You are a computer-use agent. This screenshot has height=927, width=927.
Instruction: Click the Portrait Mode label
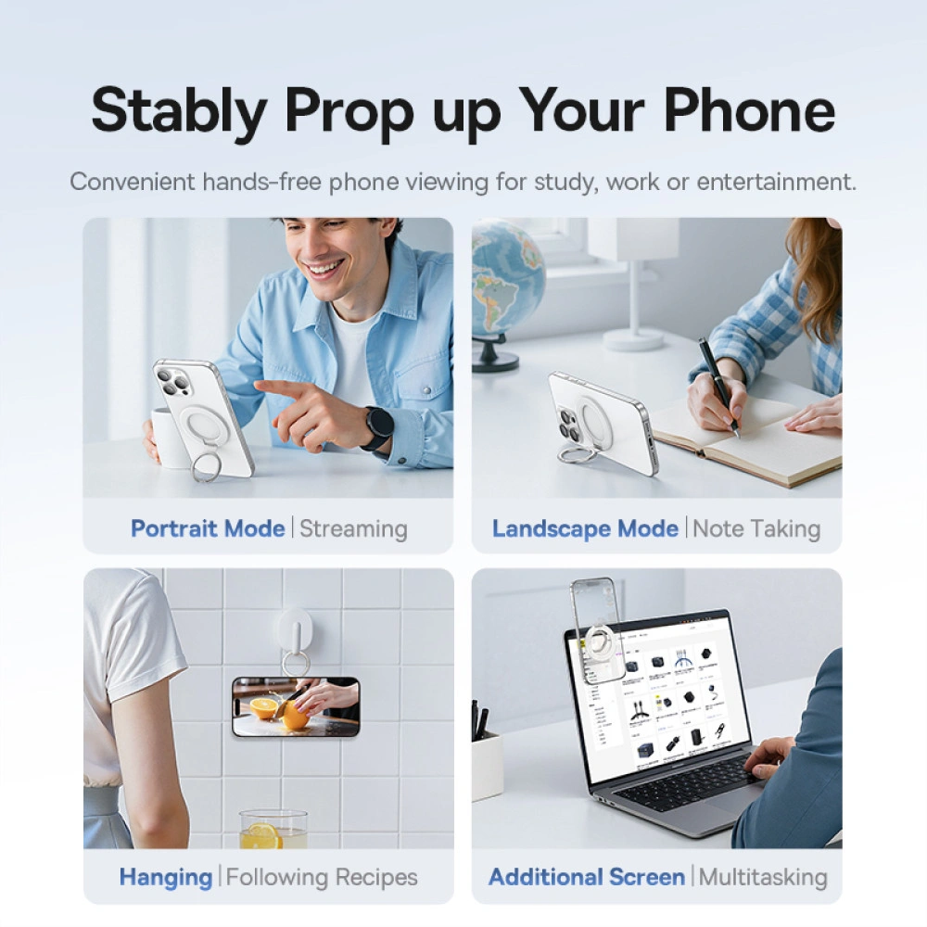[x=208, y=528]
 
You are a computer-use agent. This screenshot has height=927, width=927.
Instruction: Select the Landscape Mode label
[x=585, y=528]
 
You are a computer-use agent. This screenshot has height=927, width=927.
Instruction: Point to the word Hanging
[x=166, y=876]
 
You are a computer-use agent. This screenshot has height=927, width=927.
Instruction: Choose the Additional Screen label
[x=587, y=876]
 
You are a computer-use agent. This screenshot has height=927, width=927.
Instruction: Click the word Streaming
[x=353, y=528]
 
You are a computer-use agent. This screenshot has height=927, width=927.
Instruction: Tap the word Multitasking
[x=762, y=876]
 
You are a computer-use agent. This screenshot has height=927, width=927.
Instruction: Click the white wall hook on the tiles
[x=295, y=630]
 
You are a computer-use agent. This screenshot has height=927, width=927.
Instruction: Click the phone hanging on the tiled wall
[x=296, y=706]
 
